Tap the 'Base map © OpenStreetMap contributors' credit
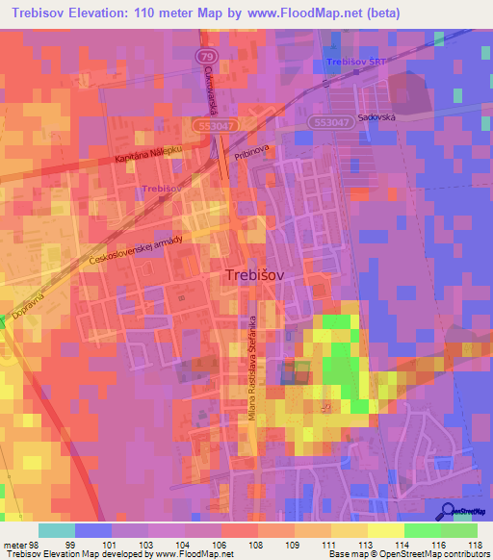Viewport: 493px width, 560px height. click(x=407, y=553)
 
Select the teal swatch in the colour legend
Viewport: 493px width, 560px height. click(x=57, y=530)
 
